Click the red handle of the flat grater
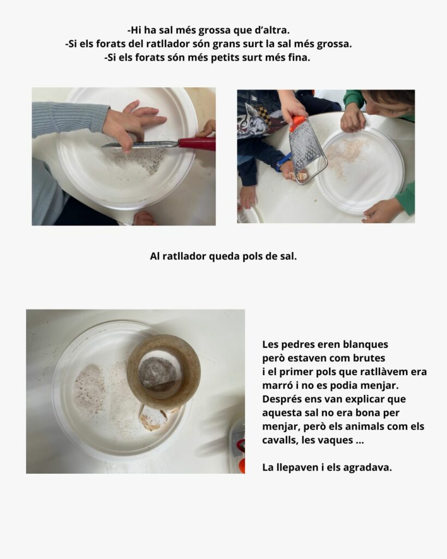click(197, 144)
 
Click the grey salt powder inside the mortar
click(157, 373)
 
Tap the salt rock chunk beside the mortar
click(153, 419)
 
